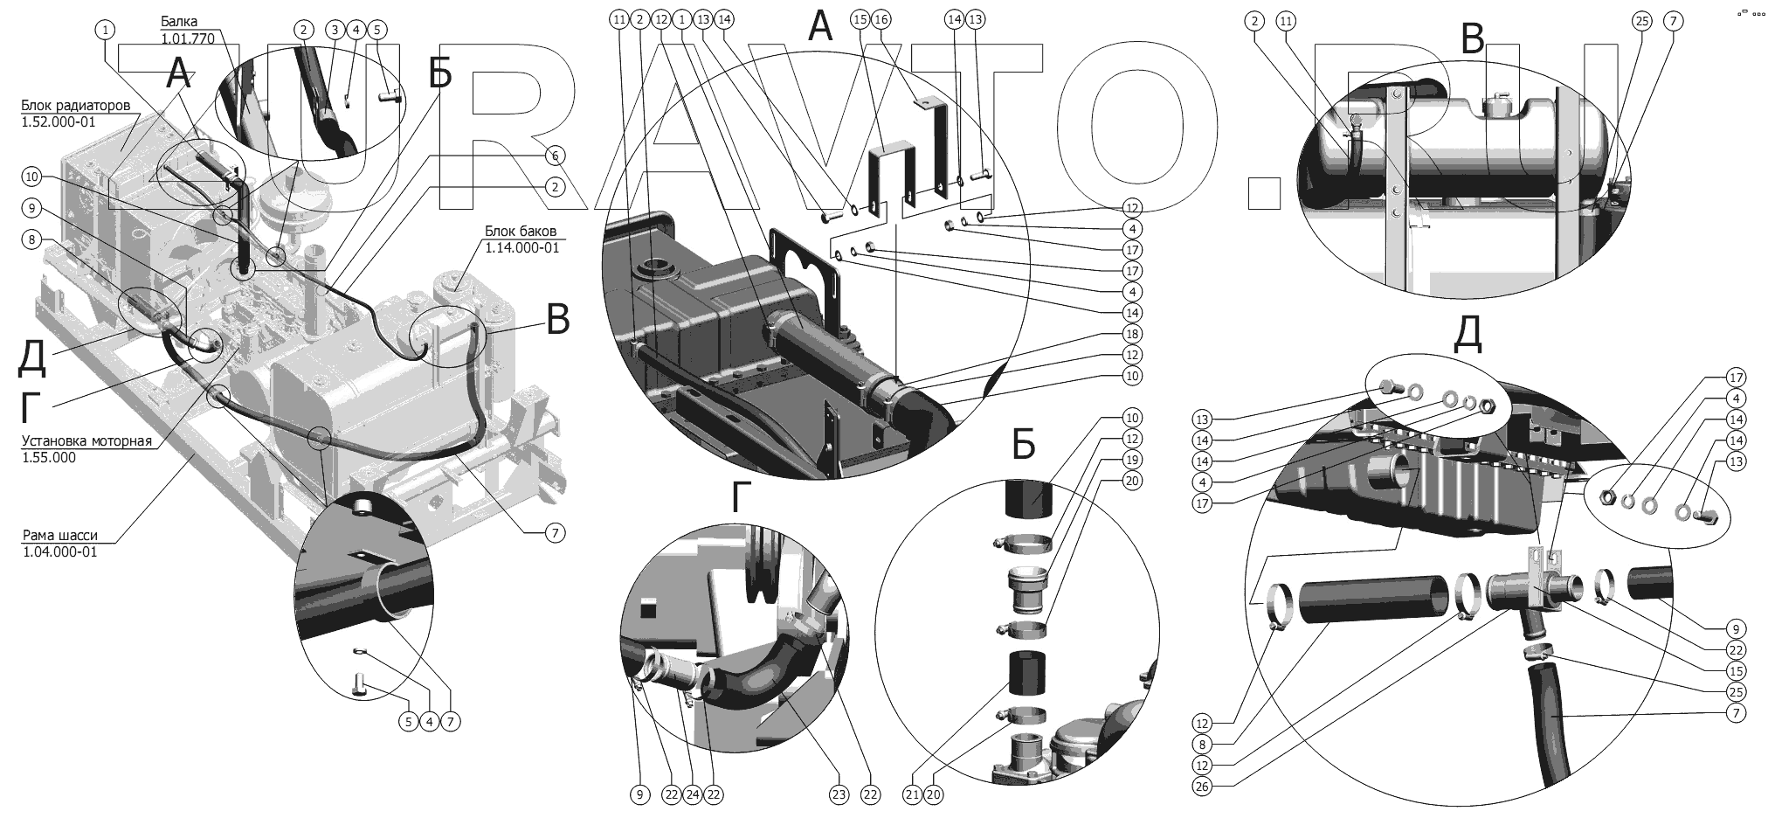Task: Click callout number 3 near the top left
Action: (x=334, y=30)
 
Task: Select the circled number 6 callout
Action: (x=554, y=156)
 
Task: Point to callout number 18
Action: (x=1132, y=334)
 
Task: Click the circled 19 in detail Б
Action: (x=1132, y=460)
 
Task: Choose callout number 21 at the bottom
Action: (x=913, y=794)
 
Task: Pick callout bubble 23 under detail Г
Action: (x=839, y=794)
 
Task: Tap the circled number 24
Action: (x=693, y=794)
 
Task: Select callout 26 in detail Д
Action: (x=1202, y=787)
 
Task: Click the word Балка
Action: (x=179, y=21)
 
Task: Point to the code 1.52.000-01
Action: (x=58, y=122)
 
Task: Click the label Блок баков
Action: (x=521, y=232)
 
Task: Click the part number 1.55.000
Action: (x=49, y=457)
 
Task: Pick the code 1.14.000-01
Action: (x=522, y=247)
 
